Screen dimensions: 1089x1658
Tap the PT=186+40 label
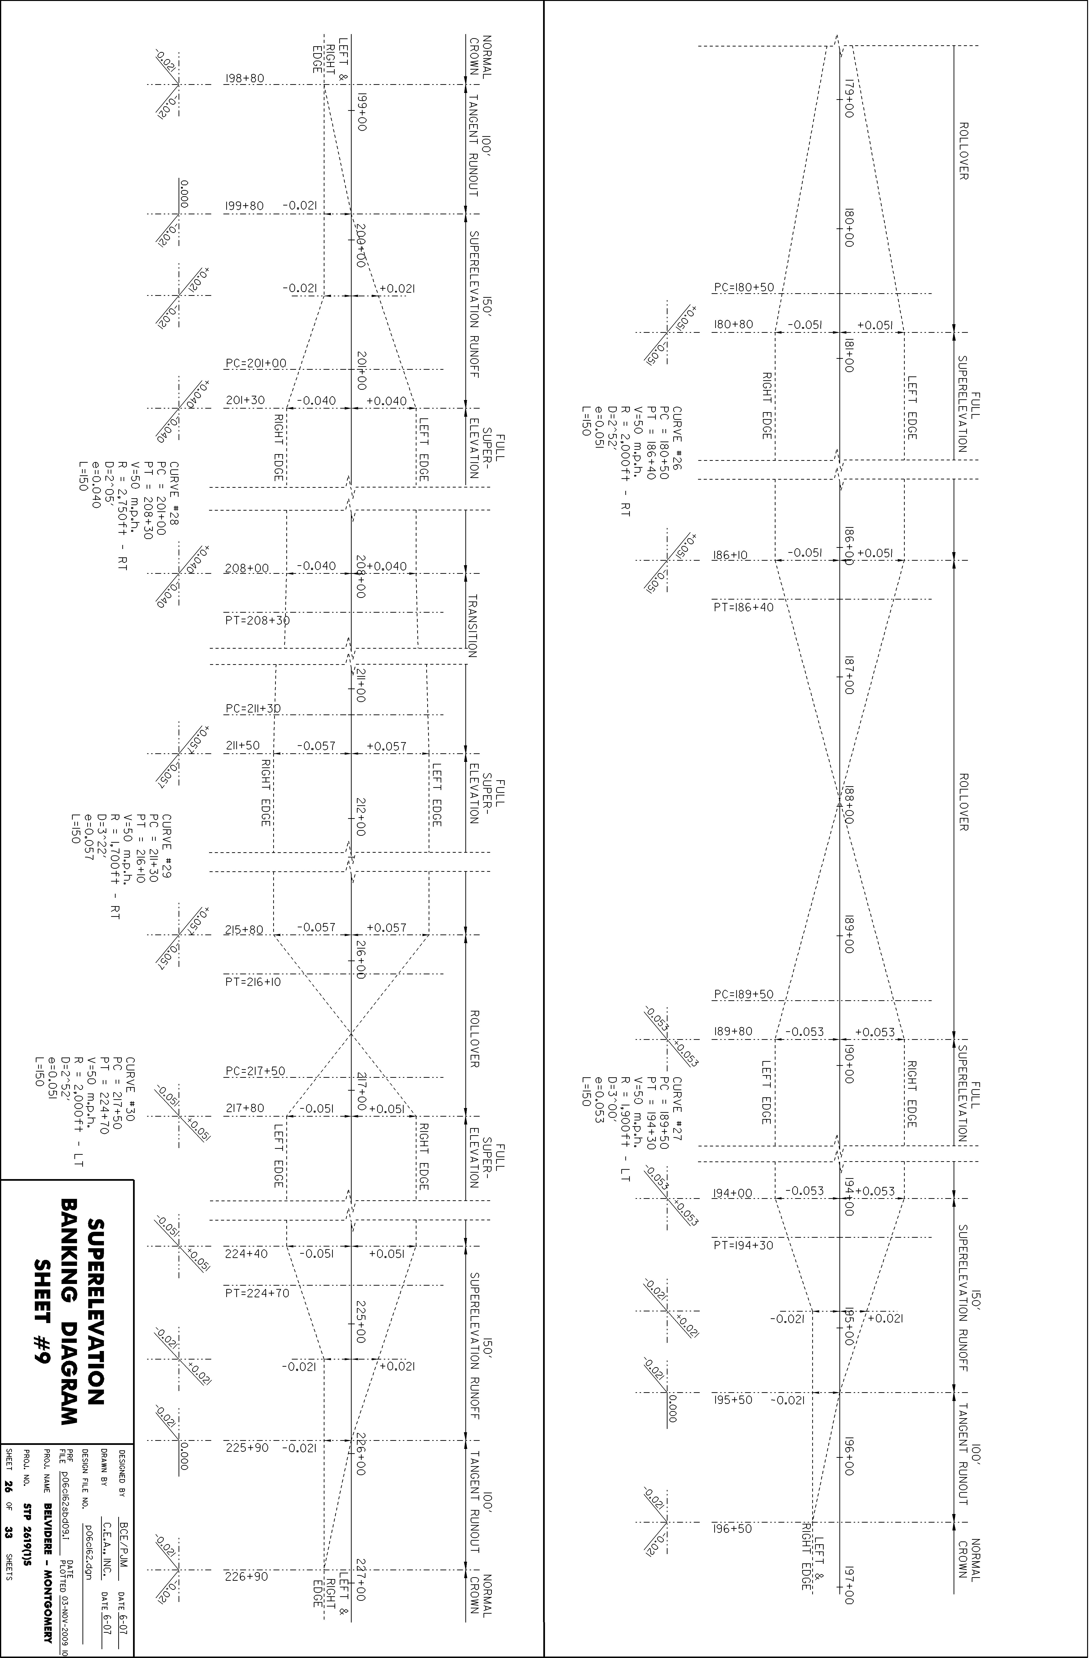(x=743, y=607)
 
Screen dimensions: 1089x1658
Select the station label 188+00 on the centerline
(x=848, y=806)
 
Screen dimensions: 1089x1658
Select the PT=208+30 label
(x=257, y=620)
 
